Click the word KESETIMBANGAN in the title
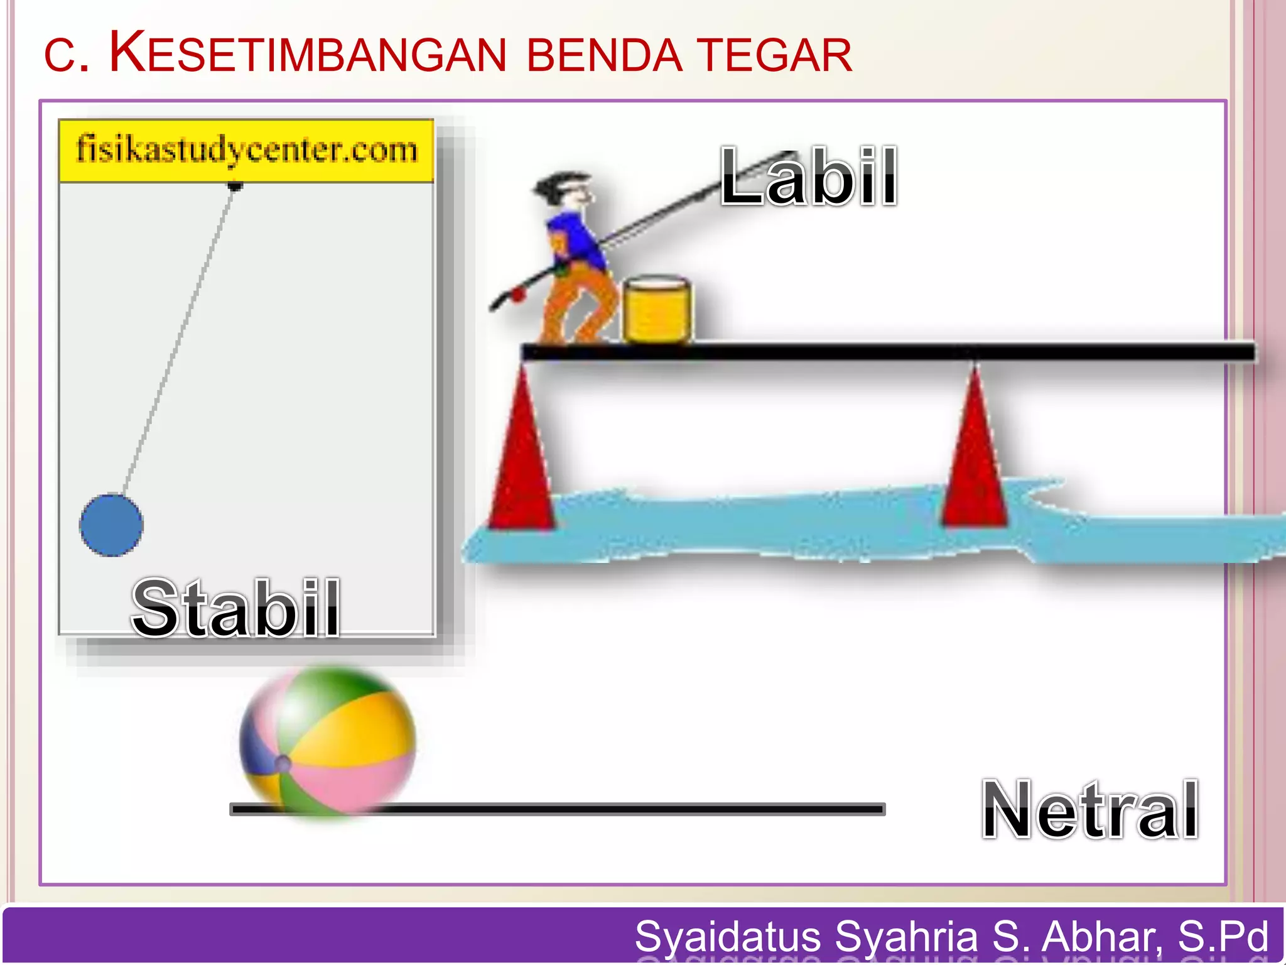pyautogui.click(x=308, y=54)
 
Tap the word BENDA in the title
pyautogui.click(x=603, y=55)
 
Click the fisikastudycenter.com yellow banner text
pyautogui.click(x=246, y=150)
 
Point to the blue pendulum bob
pyautogui.click(x=111, y=525)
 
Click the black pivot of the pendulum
pyautogui.click(x=235, y=186)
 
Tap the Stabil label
pyautogui.click(x=235, y=608)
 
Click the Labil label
pyautogui.click(x=809, y=177)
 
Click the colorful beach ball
pyautogui.click(x=327, y=741)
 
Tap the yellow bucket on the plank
pyautogui.click(x=657, y=310)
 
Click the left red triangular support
pyautogui.click(x=522, y=459)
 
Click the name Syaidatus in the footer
pyautogui.click(x=728, y=936)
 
